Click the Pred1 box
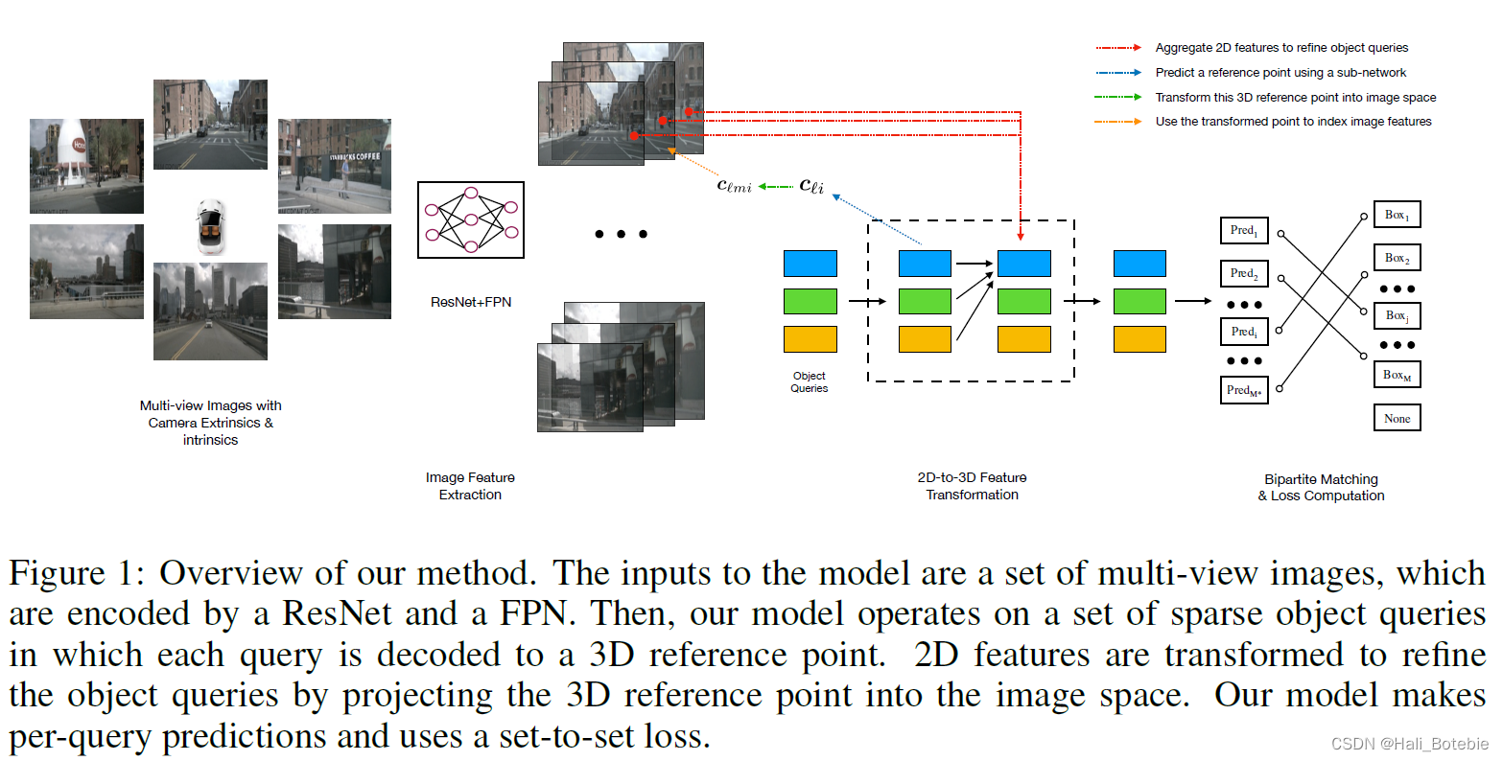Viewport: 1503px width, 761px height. (x=1244, y=231)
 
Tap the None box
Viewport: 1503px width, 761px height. (x=1397, y=418)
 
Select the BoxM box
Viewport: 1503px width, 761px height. (x=1397, y=375)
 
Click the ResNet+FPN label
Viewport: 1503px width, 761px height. (x=471, y=302)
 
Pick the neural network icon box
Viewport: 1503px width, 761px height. (x=471, y=219)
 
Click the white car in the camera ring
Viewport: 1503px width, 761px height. (x=210, y=226)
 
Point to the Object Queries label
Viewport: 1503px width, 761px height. (x=810, y=382)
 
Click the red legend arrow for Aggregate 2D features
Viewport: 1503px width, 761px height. (x=1118, y=48)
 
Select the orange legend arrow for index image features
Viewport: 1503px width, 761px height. (x=1118, y=122)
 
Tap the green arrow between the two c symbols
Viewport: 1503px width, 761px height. (x=776, y=187)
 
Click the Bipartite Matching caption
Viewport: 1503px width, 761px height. (x=1321, y=487)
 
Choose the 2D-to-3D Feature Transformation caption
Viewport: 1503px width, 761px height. (x=972, y=486)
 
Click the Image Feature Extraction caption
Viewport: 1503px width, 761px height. (x=470, y=486)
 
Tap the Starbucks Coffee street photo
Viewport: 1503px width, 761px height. (x=335, y=166)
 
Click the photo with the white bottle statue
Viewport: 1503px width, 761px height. (x=86, y=166)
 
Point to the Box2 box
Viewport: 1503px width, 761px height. (x=1397, y=258)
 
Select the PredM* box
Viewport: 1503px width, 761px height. (x=1244, y=390)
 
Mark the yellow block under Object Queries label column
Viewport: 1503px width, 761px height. (x=810, y=339)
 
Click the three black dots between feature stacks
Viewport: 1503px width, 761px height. (x=621, y=234)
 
